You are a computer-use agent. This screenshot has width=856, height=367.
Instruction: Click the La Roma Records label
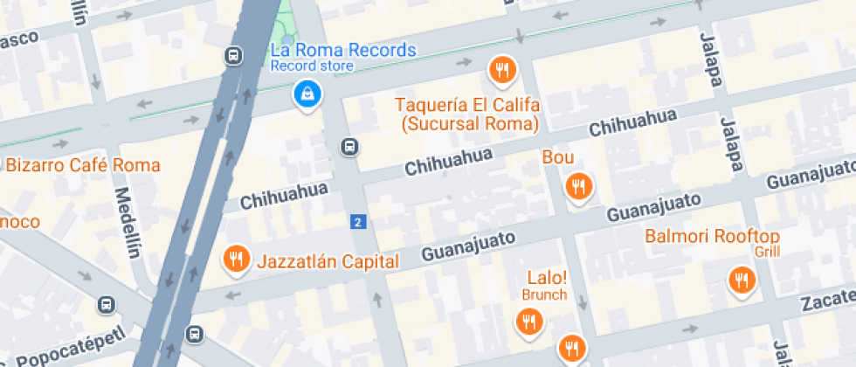point(343,50)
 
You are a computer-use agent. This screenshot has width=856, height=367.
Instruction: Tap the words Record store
point(312,66)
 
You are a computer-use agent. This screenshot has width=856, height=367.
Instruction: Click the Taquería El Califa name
point(467,105)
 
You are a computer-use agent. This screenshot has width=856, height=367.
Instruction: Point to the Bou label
point(558,157)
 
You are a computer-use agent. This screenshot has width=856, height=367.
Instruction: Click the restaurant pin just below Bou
point(577,186)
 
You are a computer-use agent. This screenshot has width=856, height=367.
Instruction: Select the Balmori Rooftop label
point(712,236)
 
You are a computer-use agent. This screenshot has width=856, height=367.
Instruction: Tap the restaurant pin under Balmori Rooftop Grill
point(742,280)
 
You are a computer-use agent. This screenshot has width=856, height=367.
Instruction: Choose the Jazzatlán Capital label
point(328,260)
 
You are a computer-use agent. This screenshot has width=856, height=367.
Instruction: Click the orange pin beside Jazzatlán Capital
point(235,259)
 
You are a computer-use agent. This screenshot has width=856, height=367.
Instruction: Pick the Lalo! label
point(547,278)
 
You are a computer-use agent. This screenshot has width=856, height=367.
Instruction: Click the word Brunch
point(545,294)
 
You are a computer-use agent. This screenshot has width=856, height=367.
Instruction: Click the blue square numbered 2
point(356,222)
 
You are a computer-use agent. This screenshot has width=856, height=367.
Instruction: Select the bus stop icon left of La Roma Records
point(233,56)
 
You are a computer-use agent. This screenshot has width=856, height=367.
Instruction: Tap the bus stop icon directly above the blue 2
point(349,147)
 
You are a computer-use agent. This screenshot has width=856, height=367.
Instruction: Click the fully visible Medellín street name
point(127,224)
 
